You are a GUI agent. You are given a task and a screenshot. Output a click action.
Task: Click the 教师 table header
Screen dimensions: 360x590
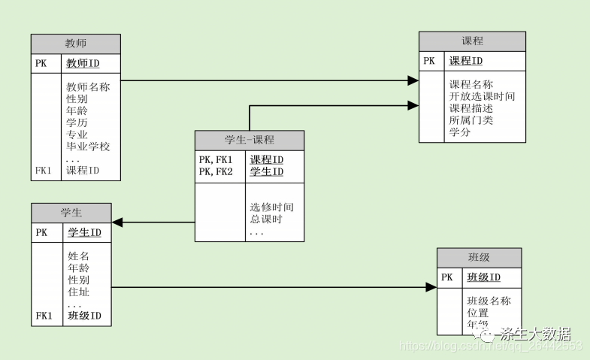pos(76,44)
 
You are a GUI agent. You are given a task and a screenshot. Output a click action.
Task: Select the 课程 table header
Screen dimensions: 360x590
pos(472,41)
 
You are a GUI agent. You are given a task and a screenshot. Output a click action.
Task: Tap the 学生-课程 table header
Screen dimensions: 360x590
pos(250,140)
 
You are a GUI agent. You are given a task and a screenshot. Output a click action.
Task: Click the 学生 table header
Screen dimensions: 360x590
pos(71,213)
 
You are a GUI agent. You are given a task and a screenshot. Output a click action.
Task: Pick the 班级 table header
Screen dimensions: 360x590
pos(479,258)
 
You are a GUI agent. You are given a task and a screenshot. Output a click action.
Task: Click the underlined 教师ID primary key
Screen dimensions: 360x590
pos(83,63)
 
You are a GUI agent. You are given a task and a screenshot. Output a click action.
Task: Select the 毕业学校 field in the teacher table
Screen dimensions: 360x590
pos(88,147)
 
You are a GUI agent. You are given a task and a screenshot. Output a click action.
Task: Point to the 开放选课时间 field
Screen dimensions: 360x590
pos(482,97)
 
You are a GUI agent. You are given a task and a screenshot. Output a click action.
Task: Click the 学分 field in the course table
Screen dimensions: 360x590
pos(460,132)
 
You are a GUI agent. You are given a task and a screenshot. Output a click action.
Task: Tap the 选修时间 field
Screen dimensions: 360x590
pos(271,207)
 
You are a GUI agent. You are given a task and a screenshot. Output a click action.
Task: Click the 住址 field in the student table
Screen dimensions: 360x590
pos(78,292)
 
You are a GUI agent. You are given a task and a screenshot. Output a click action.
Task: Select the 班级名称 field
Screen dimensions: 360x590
pos(489,301)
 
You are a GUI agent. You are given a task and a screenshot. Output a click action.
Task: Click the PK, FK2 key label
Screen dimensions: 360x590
pos(216,172)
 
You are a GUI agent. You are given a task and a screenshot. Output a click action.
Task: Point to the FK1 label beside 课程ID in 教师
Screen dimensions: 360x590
pos(44,171)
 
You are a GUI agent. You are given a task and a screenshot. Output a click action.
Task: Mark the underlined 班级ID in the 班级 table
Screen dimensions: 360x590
pos(483,277)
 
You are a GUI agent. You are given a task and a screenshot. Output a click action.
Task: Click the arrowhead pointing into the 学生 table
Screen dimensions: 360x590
pos(117,222)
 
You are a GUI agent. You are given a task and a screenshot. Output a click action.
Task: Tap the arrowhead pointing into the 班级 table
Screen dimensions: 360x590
pos(431,287)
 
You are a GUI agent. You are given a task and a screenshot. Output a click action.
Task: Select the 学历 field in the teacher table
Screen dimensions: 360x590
pos(77,123)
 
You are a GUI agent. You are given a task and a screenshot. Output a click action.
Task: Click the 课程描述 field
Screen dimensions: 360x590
pos(470,109)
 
